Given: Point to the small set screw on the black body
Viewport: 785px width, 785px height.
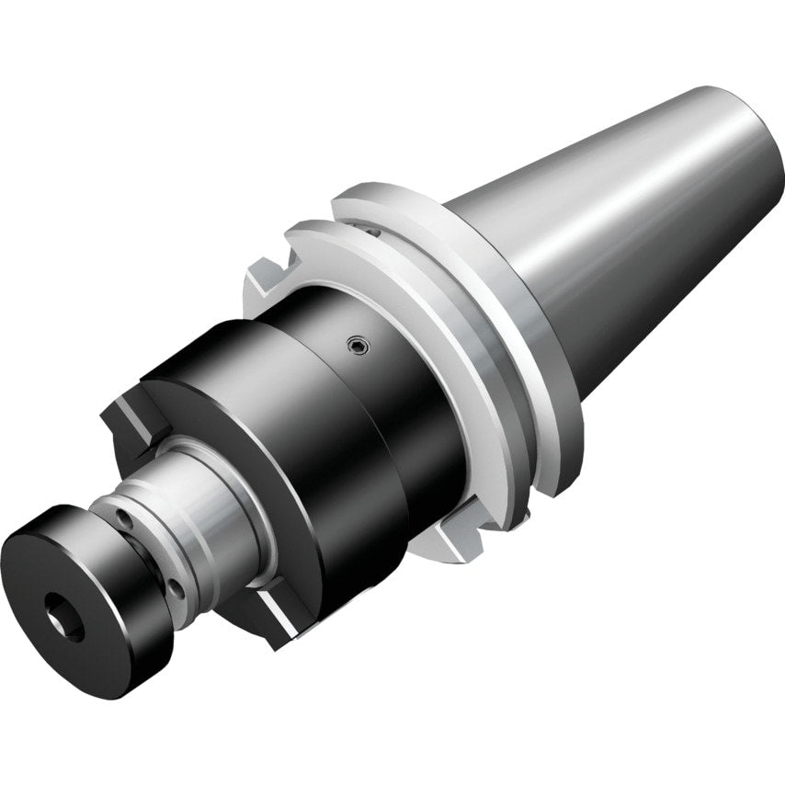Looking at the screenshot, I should tap(358, 346).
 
